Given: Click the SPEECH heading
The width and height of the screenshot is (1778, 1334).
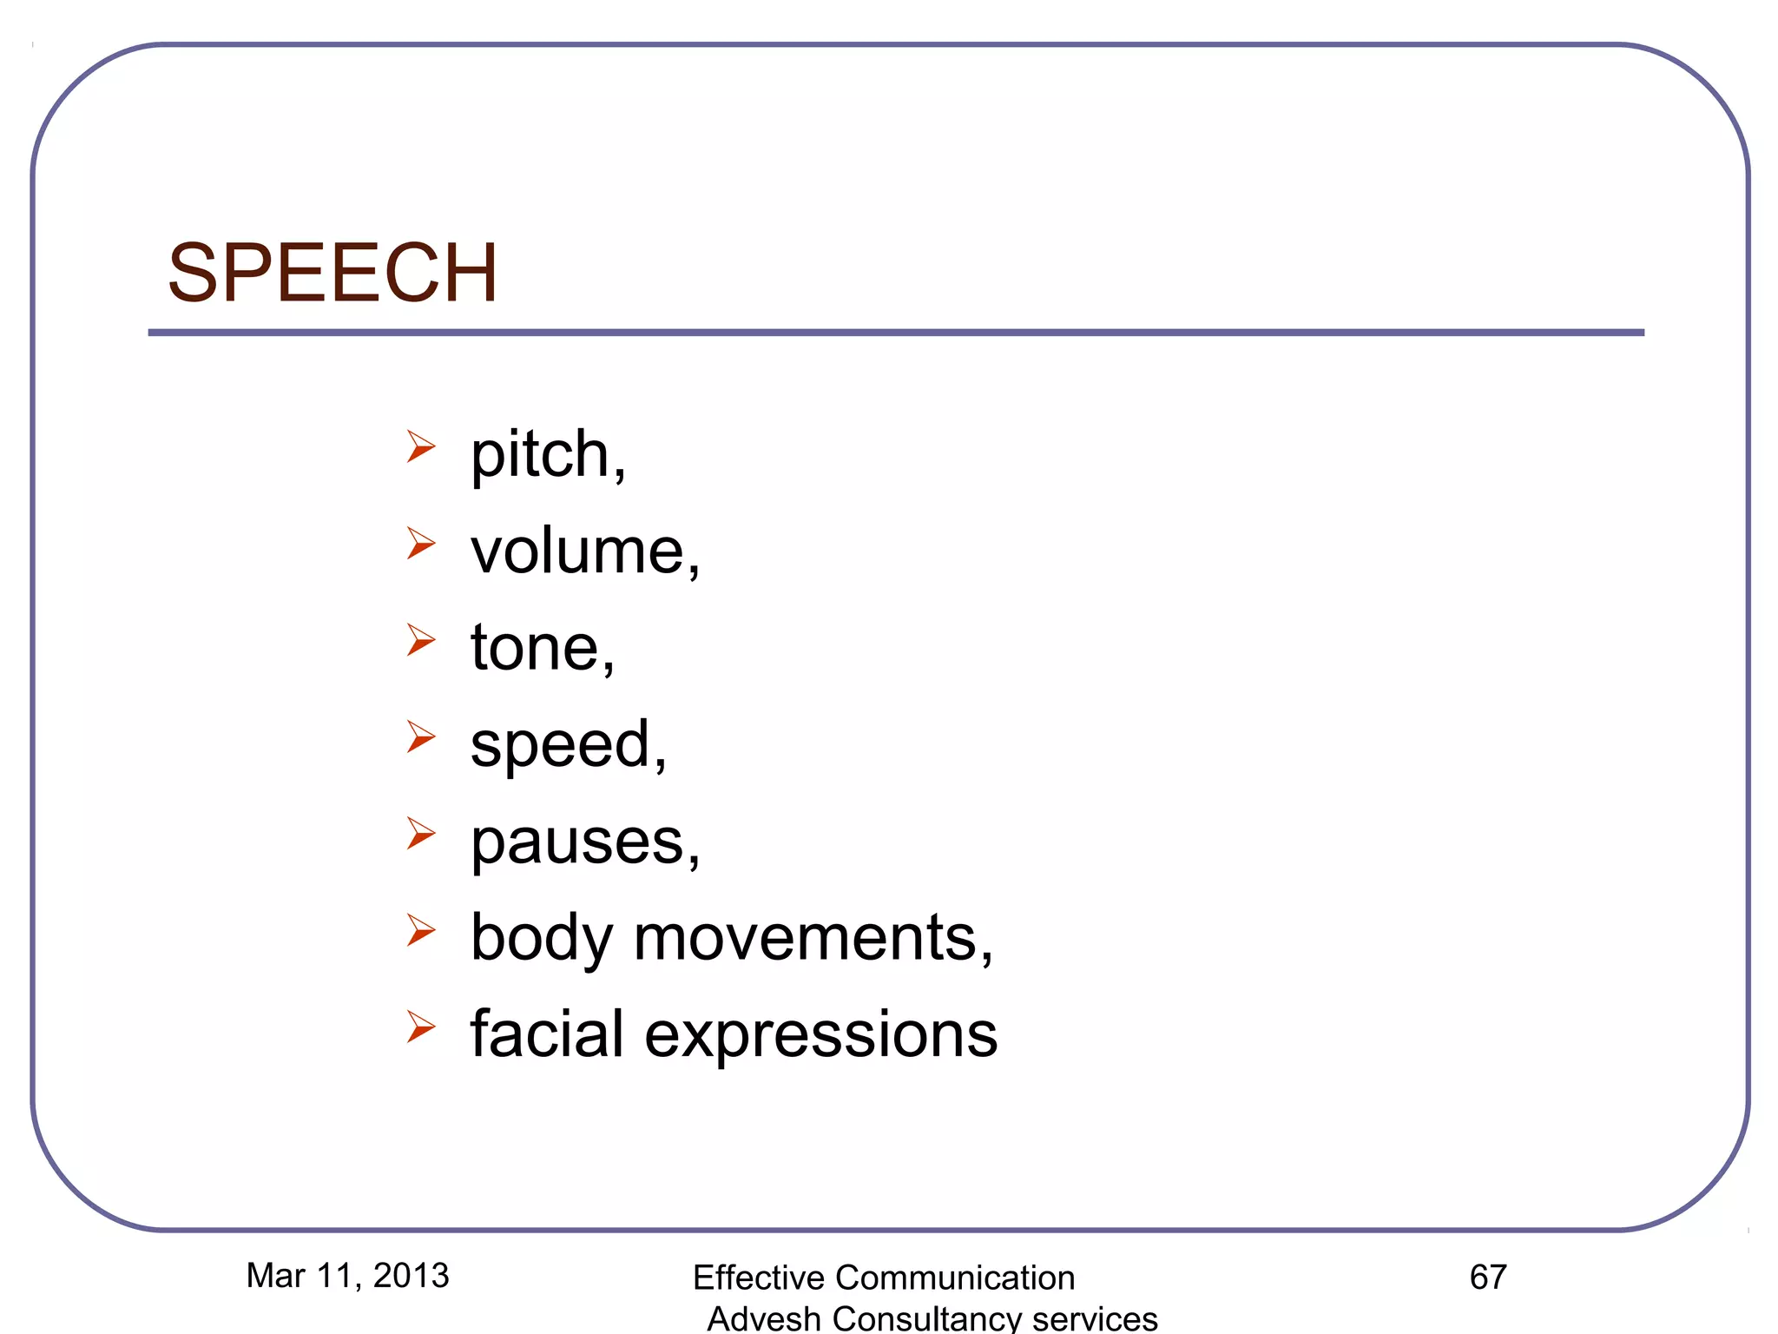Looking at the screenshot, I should click(333, 273).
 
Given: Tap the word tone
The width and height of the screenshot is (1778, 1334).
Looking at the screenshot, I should click(537, 648).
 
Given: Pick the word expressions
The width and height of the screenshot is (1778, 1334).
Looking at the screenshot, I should click(821, 1035).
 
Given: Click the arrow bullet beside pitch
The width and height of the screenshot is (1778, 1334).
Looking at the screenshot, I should click(421, 447).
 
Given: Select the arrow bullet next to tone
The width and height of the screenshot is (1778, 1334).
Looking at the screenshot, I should click(421, 641).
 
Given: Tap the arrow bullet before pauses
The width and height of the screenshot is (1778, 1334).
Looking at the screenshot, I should click(421, 835).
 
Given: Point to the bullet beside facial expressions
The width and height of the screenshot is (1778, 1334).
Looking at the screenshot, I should click(421, 1027).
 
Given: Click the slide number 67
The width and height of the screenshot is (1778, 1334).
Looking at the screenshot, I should click(1488, 1277).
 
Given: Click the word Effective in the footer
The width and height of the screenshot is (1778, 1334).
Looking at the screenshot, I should click(758, 1278).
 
